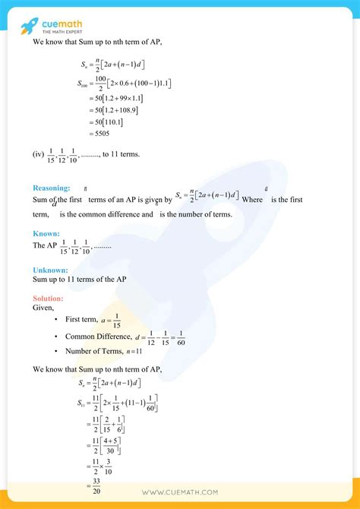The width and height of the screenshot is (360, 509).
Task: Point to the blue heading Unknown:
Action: tap(49, 270)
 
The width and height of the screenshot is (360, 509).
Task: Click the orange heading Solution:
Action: tap(49, 298)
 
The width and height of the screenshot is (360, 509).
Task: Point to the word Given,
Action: tap(43, 308)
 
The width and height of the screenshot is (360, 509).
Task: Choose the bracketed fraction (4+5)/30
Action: tap(114, 441)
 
